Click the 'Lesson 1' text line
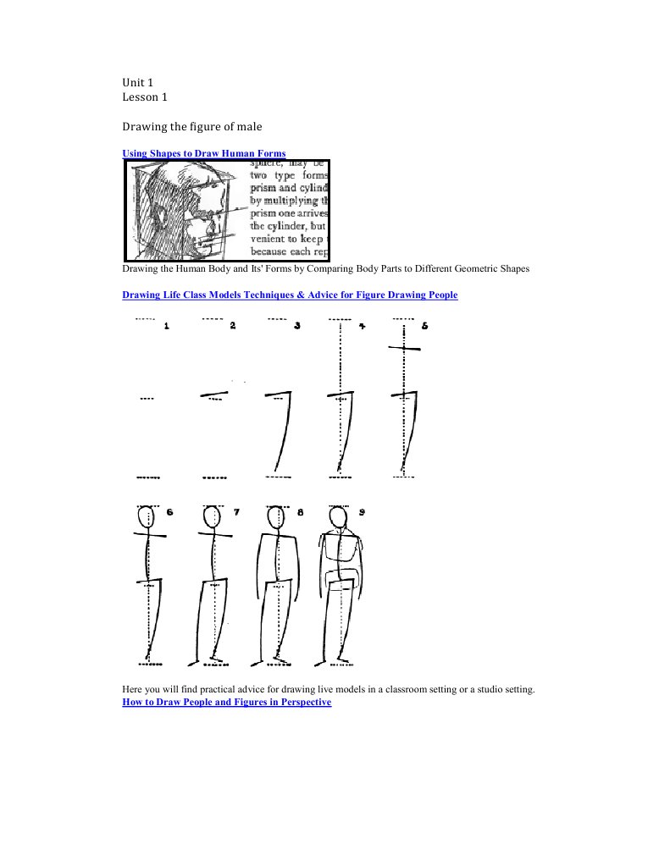click(x=145, y=97)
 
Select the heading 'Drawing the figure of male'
click(x=192, y=126)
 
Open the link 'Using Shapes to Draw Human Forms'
click(x=204, y=153)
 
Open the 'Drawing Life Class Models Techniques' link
click(x=290, y=295)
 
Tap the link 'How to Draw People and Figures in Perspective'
click(x=226, y=702)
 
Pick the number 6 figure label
click(x=170, y=512)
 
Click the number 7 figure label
click(x=236, y=512)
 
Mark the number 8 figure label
click(x=300, y=512)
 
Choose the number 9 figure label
click(x=363, y=512)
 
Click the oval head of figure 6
click(x=146, y=516)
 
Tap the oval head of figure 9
click(x=338, y=517)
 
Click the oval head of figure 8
click(x=274, y=516)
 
